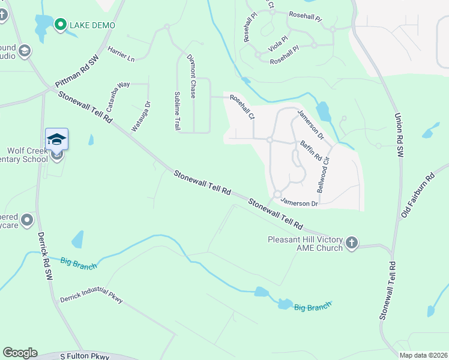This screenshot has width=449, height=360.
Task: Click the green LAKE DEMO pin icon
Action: click(x=60, y=25)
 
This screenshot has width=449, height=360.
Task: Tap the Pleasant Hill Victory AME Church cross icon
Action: click(x=352, y=243)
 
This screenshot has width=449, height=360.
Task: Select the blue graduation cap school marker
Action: click(x=57, y=140)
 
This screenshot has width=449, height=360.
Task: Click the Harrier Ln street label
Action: click(x=121, y=55)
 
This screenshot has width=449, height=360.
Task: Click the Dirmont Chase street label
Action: click(x=191, y=76)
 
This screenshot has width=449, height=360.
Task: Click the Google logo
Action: click(x=20, y=353)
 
